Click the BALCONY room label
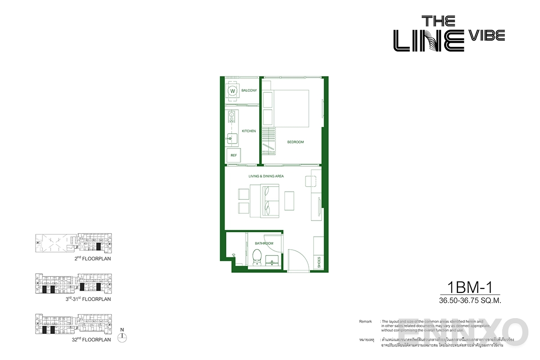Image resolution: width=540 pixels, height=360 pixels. point(249,90)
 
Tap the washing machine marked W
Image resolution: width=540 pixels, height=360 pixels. point(233,91)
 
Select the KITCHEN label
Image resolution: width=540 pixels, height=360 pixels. point(249,131)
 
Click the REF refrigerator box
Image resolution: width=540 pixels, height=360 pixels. point(234,155)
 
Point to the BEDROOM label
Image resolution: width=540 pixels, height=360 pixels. point(296,142)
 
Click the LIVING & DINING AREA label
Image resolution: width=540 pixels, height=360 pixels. point(266,176)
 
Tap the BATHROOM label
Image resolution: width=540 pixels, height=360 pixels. point(264,243)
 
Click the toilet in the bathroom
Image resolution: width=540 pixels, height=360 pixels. point(256,258)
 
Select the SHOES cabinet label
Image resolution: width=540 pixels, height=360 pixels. point(319,262)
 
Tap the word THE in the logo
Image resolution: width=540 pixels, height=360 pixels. point(438,21)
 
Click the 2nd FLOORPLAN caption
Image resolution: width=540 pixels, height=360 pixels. point(93,259)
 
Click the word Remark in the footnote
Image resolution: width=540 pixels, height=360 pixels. point(365,321)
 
